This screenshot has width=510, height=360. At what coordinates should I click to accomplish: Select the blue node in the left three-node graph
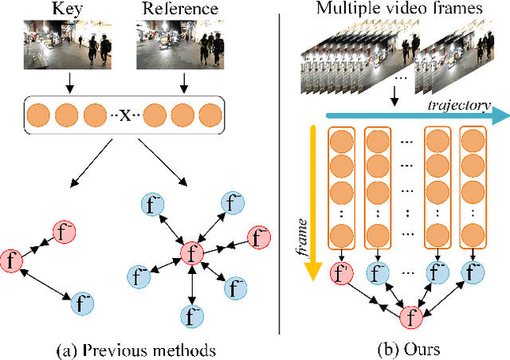tap(81, 302)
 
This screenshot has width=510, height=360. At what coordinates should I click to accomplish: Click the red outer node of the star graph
tap(258, 237)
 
